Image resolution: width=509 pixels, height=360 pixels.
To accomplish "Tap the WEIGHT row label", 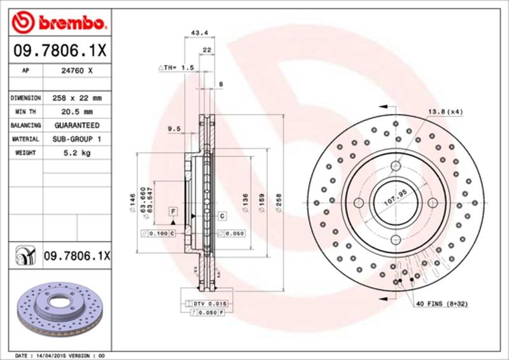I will click(25, 153).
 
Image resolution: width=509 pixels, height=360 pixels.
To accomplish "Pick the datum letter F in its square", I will click(172, 210).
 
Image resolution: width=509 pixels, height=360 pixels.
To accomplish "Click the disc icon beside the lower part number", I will click(24, 256).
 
